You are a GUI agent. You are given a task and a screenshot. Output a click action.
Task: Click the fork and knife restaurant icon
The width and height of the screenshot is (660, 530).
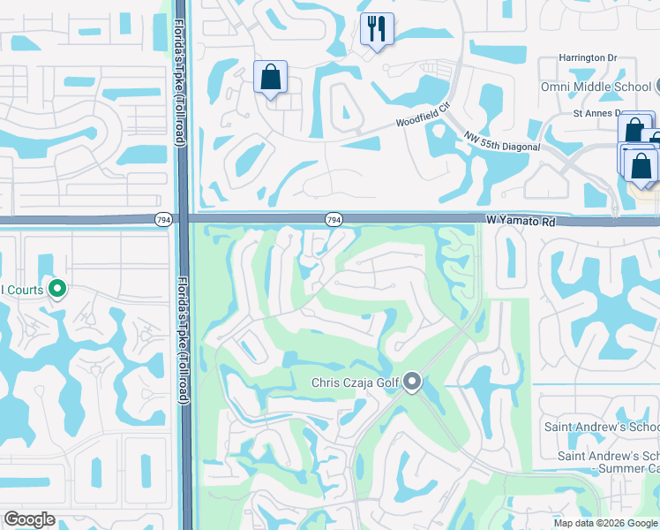point(377,30)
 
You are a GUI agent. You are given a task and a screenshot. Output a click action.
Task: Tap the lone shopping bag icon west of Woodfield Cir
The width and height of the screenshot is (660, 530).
point(270,78)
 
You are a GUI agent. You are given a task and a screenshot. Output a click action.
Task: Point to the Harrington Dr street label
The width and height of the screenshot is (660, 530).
point(587,58)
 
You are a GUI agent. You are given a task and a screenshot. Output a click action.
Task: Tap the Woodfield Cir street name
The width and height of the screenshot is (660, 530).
point(423,120)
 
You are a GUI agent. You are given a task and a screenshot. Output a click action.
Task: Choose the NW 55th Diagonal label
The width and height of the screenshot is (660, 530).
point(502,141)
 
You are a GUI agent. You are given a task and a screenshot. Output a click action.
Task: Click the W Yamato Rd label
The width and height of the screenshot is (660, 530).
point(521,223)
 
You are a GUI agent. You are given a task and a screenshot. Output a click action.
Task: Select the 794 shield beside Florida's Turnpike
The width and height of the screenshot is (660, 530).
point(164,219)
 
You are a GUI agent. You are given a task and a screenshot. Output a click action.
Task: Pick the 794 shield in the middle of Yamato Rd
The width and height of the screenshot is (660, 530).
point(334,219)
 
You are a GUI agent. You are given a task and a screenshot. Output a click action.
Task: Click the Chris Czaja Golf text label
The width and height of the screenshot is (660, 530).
point(356,383)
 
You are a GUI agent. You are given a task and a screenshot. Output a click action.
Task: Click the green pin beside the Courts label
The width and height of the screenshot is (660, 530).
point(57,289)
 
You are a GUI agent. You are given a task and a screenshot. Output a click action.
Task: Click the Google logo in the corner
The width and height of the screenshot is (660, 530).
point(29,519)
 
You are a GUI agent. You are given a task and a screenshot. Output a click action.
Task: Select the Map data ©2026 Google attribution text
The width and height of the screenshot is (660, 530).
point(605,523)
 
